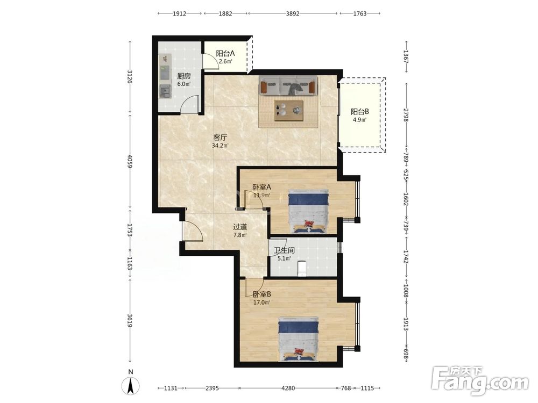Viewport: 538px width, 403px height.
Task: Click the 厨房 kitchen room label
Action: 184,76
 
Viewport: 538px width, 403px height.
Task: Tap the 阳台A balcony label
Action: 225,53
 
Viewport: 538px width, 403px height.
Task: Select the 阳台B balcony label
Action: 359,111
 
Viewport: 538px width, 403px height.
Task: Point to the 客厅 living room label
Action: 220,138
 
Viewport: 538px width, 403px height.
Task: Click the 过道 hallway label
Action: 240,227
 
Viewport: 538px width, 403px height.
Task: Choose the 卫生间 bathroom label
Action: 284,250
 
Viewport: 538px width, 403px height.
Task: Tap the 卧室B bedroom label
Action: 262,294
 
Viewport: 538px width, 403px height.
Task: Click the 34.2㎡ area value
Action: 220,146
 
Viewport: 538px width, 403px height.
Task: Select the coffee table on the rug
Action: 288,110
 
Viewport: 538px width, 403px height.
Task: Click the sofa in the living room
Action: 288,86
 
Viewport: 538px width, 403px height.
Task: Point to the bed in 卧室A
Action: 308,211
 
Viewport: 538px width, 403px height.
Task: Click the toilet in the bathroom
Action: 302,269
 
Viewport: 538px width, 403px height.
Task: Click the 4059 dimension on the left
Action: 130,161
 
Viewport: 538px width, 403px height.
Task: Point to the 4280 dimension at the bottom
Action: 288,388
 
